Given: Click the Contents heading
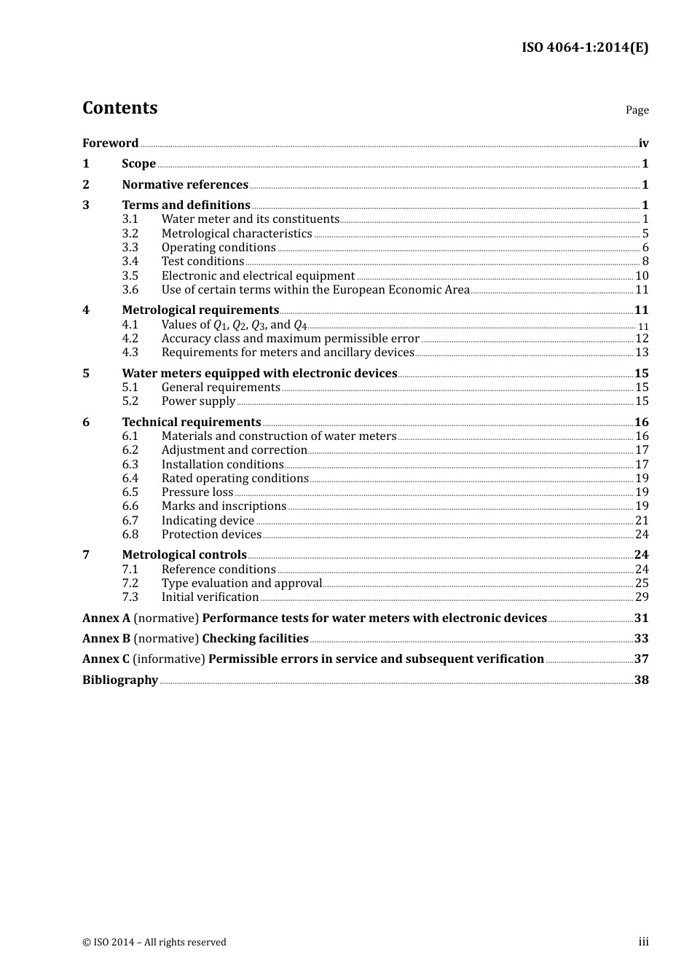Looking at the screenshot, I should click(119, 108).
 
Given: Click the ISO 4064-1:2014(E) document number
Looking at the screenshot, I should click(584, 47).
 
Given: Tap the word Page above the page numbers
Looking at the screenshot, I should click(637, 110).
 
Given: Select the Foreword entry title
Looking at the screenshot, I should click(110, 143).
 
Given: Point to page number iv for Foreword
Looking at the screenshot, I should click(643, 143).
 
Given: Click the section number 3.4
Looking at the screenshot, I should click(130, 262).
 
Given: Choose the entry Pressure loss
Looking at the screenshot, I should click(197, 492).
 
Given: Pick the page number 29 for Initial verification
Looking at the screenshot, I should click(641, 597).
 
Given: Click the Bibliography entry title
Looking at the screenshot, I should click(120, 680).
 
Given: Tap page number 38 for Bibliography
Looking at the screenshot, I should click(641, 680).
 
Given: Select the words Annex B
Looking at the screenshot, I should click(106, 639).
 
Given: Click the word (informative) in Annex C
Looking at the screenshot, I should click(168, 659).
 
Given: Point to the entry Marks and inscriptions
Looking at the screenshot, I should click(224, 506).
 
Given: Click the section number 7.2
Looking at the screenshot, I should click(130, 583).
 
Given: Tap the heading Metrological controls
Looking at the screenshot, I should click(184, 555).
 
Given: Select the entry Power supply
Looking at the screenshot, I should click(198, 401).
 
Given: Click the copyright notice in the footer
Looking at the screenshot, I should click(154, 942).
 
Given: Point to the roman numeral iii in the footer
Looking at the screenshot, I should click(643, 942).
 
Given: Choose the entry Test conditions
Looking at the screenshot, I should click(203, 262).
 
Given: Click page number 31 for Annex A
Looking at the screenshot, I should click(641, 618).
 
